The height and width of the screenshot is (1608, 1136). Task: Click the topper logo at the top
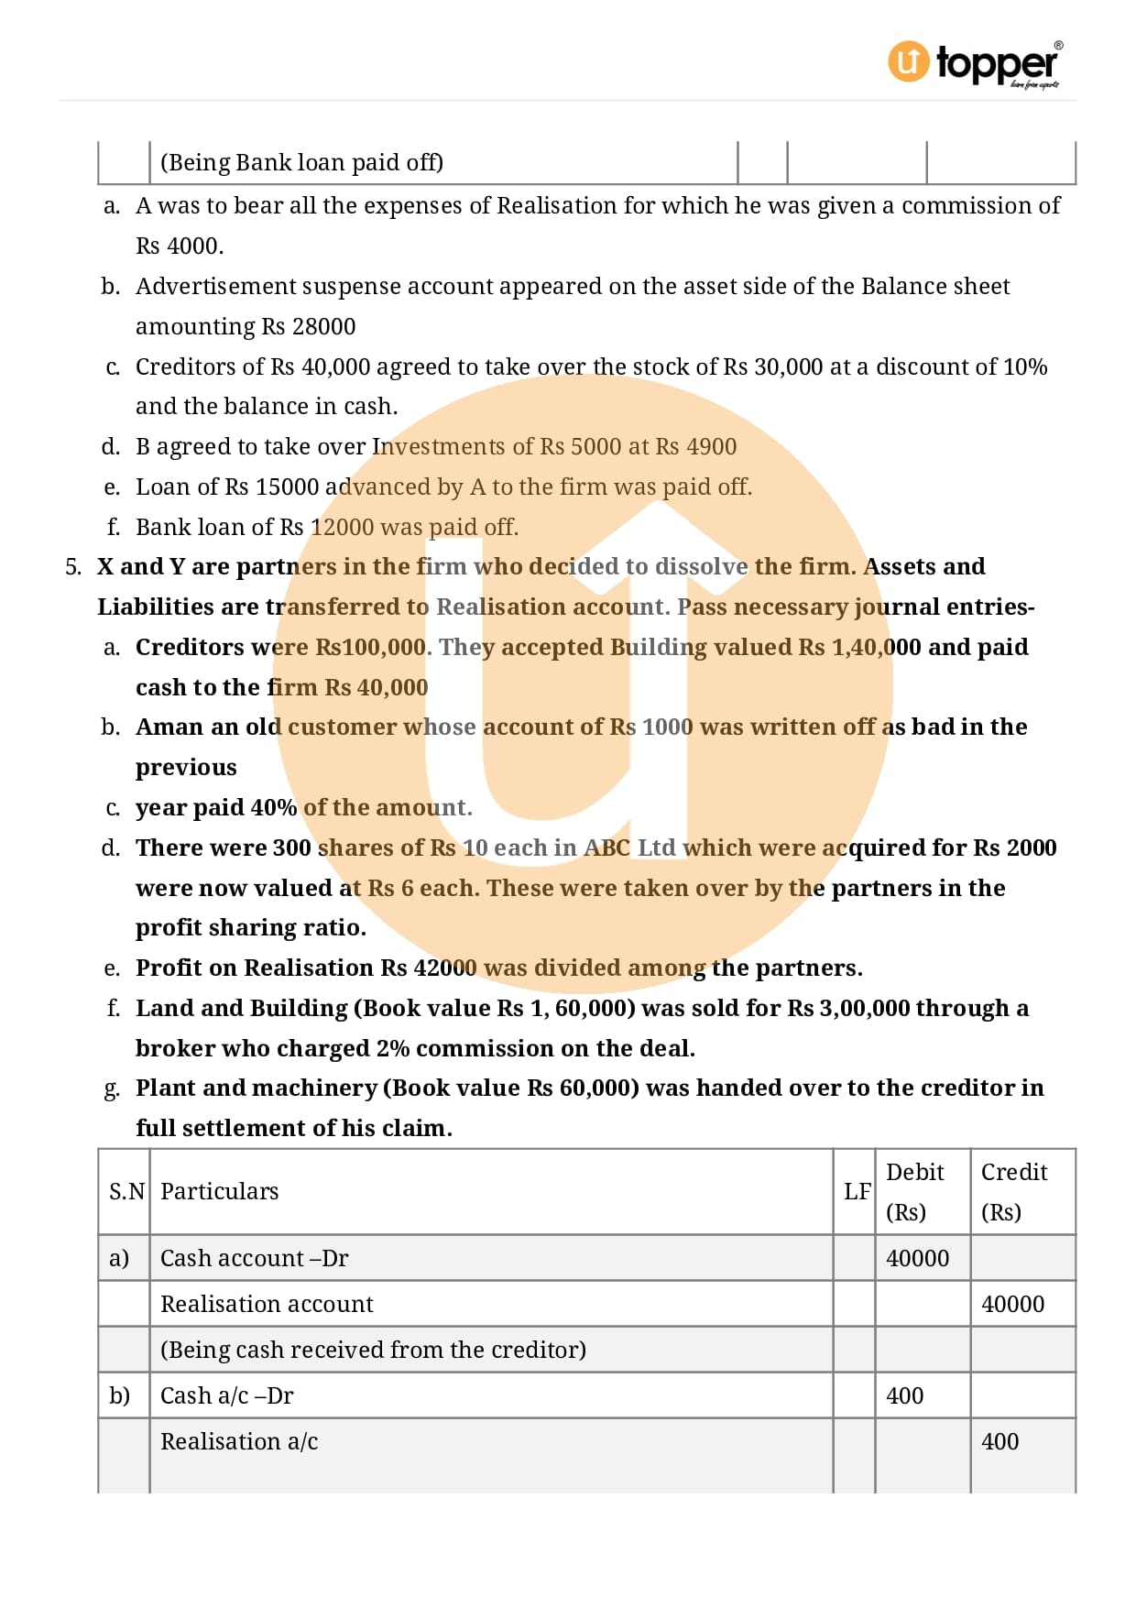pos(975,63)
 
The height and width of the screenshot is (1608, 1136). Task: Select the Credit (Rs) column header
pos(1013,1191)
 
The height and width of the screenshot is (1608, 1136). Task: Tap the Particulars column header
pos(219,1191)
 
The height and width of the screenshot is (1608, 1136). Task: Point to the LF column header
pos(857,1191)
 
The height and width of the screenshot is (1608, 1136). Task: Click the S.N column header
pos(126,1191)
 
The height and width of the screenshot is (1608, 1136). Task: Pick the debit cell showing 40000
pos(917,1258)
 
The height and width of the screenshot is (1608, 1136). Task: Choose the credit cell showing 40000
pos(1012,1304)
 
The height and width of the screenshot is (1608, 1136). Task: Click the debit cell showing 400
pos(904,1395)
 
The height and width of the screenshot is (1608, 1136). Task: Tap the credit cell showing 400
pos(999,1441)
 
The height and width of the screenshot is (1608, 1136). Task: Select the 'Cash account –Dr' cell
pos(254,1258)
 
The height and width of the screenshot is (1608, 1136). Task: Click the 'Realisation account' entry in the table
pos(267,1304)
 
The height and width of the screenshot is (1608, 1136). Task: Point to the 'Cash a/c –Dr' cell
pos(226,1395)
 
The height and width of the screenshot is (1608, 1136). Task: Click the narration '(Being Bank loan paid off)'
pos(301,162)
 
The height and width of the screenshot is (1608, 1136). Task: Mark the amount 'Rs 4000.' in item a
pos(180,246)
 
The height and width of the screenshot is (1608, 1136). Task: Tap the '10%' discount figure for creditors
pos(1025,366)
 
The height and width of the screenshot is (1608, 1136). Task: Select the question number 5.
pos(73,566)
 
